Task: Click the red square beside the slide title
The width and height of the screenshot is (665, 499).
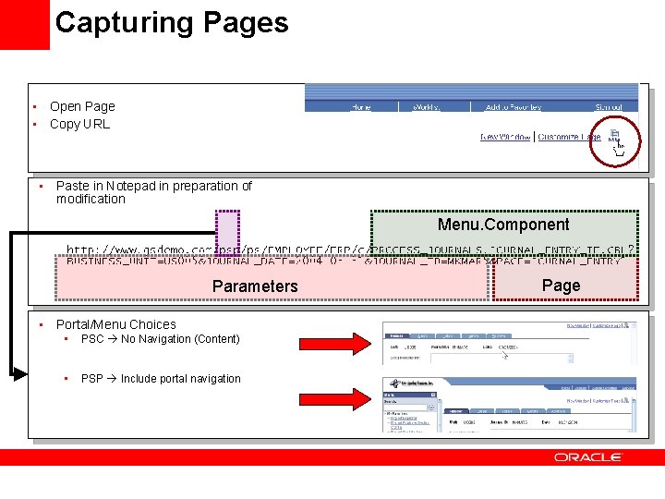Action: point(24,24)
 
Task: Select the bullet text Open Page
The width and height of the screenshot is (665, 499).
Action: point(82,106)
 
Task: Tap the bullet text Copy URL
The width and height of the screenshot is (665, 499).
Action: point(79,124)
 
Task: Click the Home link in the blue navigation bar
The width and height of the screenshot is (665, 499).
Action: point(361,107)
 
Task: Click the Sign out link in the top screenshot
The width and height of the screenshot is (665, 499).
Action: point(609,107)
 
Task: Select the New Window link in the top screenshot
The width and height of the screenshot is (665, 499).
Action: point(505,137)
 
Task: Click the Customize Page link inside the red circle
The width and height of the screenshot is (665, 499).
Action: point(569,137)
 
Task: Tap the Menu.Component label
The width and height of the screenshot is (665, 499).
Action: point(503,225)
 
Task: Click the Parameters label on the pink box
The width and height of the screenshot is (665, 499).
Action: point(255,286)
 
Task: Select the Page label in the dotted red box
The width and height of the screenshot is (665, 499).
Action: point(562,285)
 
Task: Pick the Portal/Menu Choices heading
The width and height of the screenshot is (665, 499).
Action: point(115,324)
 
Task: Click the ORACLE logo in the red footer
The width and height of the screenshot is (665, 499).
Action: point(588,457)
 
